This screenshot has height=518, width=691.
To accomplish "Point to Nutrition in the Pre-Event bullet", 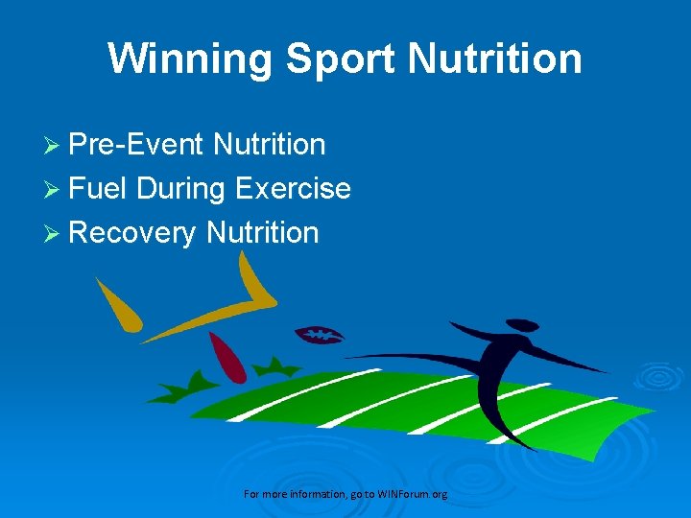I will coord(270,145).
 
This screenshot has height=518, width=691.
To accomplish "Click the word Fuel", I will coord(99,188).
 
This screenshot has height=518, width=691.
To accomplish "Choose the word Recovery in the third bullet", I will coord(133,232).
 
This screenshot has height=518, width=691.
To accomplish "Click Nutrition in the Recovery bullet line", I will coord(262,232).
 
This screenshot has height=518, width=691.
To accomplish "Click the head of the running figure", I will coord(522,325).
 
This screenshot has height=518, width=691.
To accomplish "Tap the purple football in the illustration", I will coord(319,335).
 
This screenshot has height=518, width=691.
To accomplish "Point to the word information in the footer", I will coord(309,494).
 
